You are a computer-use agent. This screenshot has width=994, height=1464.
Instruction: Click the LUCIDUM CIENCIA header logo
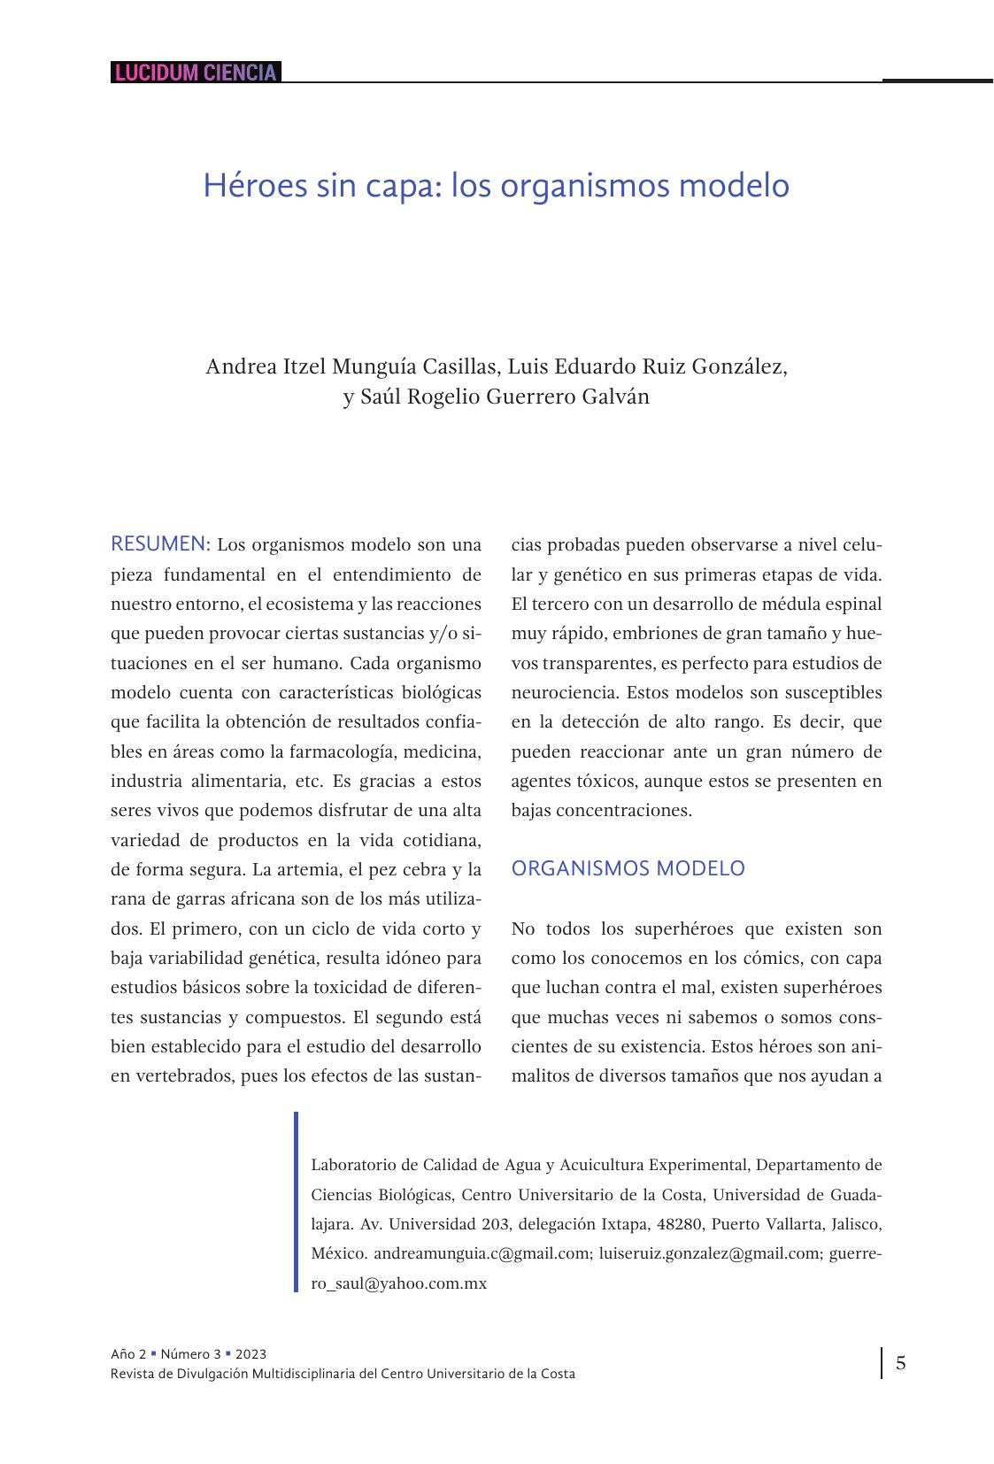point(196,73)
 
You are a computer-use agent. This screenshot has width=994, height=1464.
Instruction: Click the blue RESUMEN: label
point(160,543)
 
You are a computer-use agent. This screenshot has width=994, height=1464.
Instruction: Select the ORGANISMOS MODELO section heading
point(628,868)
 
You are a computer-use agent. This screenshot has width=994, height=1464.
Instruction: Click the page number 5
point(900,1363)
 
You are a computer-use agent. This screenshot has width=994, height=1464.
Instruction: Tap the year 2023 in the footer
point(250,1354)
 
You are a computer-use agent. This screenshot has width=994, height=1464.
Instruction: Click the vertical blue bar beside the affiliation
point(297,1202)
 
